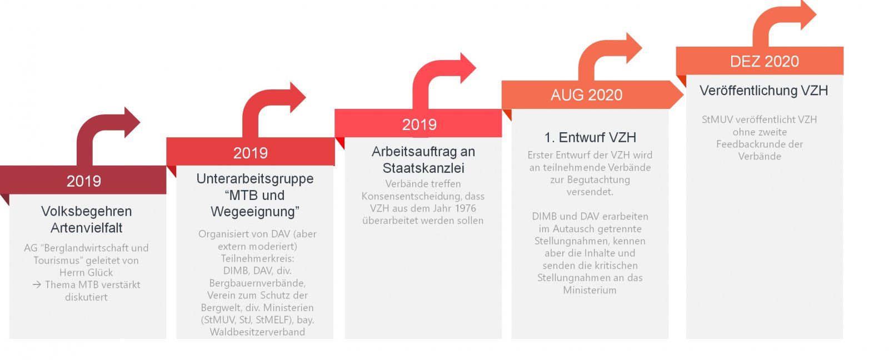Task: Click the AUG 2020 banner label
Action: pos(587,95)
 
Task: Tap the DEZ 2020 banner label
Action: pos(765,62)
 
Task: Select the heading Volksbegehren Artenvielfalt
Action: pos(87,219)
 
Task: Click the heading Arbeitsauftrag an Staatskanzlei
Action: pos(423,160)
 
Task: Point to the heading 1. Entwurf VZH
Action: pos(590,137)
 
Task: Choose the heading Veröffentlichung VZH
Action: pos(763,91)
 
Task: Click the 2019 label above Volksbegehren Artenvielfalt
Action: pos(84,182)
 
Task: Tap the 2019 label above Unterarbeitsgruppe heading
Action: pos(251,153)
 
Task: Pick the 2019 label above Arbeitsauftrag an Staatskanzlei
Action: pos(419,124)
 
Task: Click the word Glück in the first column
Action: pos(100,273)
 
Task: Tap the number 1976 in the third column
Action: pos(465,208)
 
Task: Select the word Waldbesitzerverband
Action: pos(257,332)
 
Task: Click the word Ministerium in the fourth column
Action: pos(590,290)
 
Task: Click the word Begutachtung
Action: pos(598,180)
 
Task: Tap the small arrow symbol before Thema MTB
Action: pos(37,284)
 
